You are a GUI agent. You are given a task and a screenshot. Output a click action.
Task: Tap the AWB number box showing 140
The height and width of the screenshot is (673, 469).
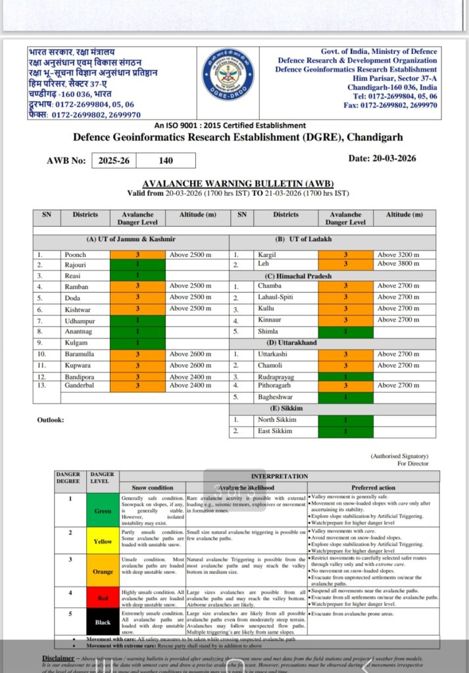pyautogui.click(x=166, y=160)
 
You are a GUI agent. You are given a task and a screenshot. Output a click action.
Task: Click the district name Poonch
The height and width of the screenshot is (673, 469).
pyautogui.click(x=75, y=254)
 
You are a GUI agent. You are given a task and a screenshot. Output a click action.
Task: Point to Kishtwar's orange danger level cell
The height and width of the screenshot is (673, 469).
pyautogui.click(x=137, y=309)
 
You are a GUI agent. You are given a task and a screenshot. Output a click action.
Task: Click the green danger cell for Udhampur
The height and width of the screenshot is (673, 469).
pyautogui.click(x=137, y=320)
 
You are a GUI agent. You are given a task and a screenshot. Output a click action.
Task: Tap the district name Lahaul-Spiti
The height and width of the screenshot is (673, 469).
pyautogui.click(x=276, y=298)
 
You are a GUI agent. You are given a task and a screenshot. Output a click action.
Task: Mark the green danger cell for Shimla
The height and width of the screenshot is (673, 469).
pyautogui.click(x=345, y=332)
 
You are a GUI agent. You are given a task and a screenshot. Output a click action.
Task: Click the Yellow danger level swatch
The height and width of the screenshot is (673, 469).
pyautogui.click(x=103, y=542)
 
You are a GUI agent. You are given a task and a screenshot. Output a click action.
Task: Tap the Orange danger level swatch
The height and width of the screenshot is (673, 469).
pyautogui.click(x=103, y=572)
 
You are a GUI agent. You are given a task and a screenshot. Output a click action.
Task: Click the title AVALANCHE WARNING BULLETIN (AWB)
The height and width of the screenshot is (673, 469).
pyautogui.click(x=238, y=184)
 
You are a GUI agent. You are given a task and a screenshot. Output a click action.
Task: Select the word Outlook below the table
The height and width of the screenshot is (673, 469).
pyautogui.click(x=51, y=420)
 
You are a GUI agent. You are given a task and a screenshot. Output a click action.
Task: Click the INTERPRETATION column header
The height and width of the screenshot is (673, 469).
pyautogui.click(x=279, y=476)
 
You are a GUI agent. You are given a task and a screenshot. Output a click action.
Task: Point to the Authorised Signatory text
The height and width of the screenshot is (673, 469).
pyautogui.click(x=399, y=455)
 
